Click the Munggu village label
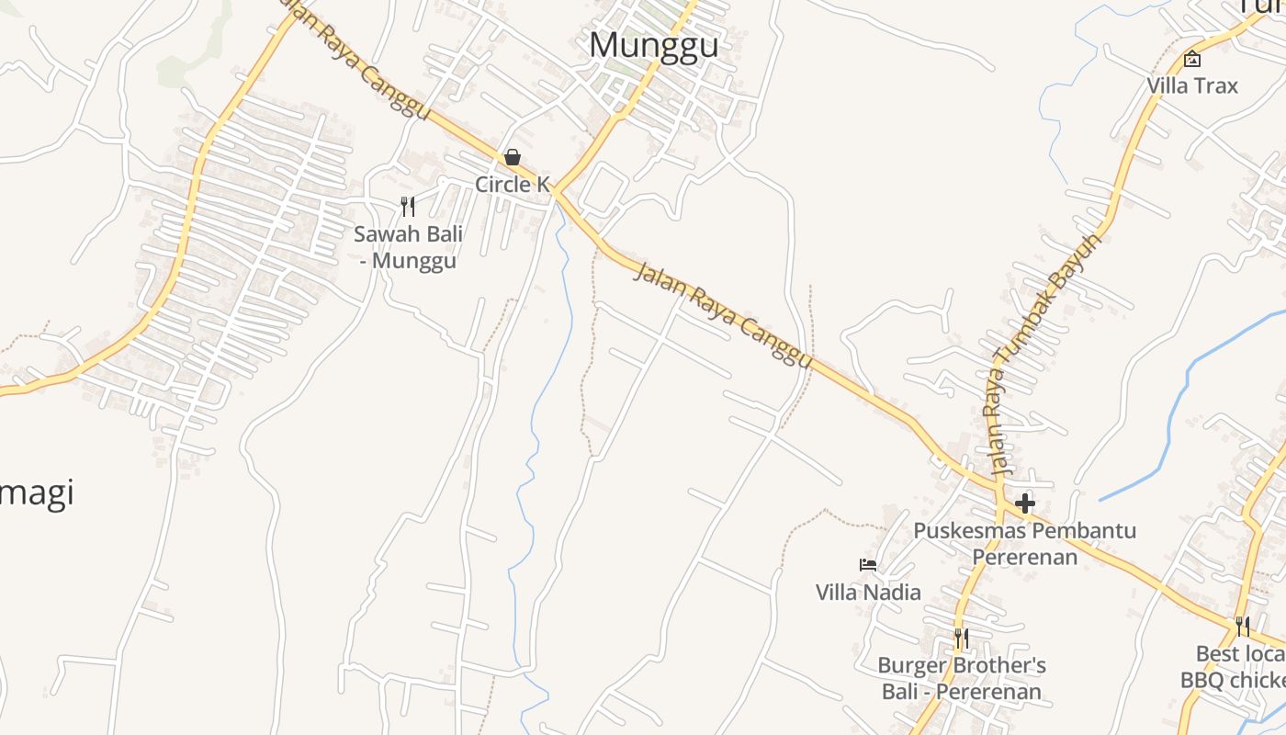pos(653,45)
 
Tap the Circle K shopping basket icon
pos(513,157)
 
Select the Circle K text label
pos(512,185)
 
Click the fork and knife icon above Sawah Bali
pos(408,207)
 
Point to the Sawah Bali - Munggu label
pos(408,247)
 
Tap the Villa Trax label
pos(1192,85)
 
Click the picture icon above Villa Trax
pos(1192,60)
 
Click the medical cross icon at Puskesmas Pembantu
pos(1025,503)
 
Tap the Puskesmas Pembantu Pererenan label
pos(1024,543)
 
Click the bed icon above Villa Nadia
pos(868,565)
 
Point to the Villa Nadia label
pos(868,593)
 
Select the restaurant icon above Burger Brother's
pos(961,638)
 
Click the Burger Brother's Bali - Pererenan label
pos(962,678)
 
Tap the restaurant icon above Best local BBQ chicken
pos(1242,627)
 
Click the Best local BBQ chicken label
pos(1235,667)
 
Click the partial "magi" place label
pos(37,494)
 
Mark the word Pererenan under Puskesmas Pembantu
pos(1024,557)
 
